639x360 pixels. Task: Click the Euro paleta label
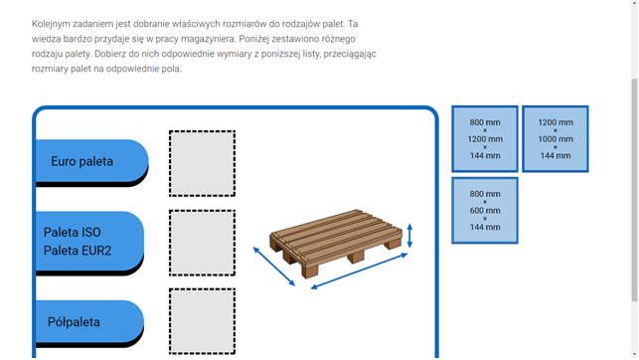click(91, 161)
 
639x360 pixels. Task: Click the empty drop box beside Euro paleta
click(202, 163)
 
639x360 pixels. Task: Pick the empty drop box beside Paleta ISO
click(202, 243)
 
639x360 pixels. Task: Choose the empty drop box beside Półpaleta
click(202, 321)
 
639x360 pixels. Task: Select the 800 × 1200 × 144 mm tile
click(485, 138)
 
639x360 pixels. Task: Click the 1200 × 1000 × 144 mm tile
click(556, 138)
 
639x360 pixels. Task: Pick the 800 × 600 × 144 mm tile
click(485, 211)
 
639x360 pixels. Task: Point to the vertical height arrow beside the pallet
click(410, 236)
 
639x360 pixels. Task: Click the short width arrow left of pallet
click(274, 267)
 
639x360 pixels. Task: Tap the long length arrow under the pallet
click(359, 271)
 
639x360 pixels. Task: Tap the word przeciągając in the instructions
click(350, 54)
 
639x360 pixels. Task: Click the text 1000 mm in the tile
click(556, 139)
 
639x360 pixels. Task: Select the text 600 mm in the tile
click(485, 211)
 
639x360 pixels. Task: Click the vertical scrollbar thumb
click(634, 190)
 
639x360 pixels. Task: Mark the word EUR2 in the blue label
click(97, 251)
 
